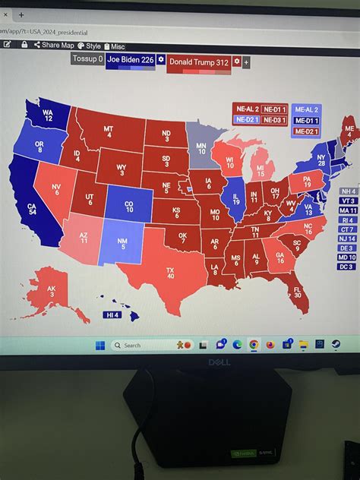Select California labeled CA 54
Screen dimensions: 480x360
[32, 209]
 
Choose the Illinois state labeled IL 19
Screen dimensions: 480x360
[235, 200]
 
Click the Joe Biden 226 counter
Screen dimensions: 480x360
[130, 59]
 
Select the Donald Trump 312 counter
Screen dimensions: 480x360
[198, 62]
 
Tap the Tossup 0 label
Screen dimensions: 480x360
[87, 58]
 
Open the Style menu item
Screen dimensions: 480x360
[89, 46]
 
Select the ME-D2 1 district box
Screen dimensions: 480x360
[306, 131]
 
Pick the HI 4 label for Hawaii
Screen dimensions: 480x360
[112, 314]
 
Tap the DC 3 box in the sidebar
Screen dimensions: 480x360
[347, 267]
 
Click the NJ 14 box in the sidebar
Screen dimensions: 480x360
[347, 238]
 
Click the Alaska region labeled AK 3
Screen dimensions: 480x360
[51, 290]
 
